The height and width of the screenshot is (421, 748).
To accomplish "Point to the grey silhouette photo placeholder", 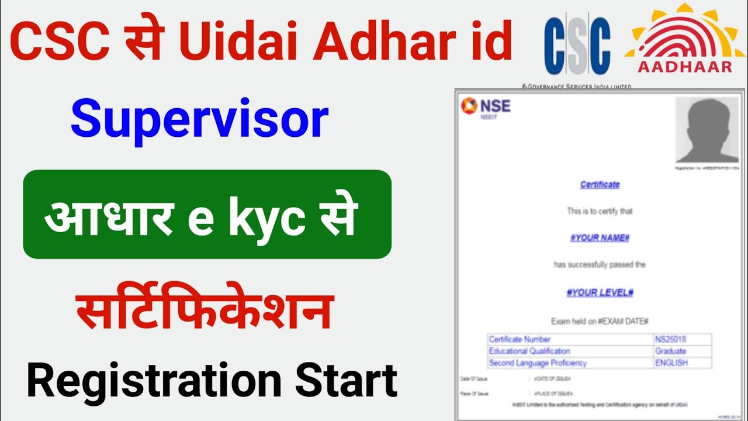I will pos(706,129).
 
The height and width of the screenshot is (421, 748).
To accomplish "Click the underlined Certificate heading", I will pos(600,185).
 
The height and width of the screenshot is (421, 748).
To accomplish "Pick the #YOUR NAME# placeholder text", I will pos(600,238).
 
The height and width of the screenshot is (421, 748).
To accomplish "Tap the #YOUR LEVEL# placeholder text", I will pos(600,292).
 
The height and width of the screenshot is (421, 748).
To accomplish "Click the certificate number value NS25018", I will pos(671,339).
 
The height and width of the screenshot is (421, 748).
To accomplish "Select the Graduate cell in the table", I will pos(671,351).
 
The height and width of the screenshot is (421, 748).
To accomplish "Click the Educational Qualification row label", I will pos(529,351).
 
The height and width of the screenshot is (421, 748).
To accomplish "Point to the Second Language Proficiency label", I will pos(538,363).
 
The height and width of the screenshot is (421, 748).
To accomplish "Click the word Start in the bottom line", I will pos(347,381).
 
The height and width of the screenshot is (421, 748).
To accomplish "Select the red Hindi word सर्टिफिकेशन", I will pos(206,312).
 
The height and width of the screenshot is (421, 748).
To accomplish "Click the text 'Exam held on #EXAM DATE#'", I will pos(600,322).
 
